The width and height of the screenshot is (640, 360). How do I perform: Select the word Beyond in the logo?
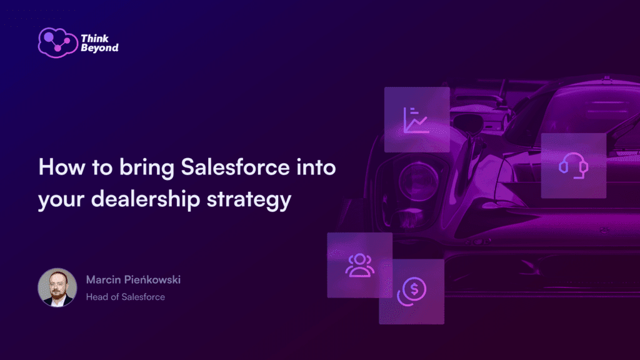(99, 47)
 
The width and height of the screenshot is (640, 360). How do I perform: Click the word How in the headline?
(58, 169)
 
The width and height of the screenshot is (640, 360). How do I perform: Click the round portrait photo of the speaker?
(57, 287)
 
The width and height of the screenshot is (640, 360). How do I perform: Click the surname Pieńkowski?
(153, 279)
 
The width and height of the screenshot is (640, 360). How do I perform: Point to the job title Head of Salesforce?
(126, 297)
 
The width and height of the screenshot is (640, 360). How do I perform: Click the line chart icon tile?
(417, 119)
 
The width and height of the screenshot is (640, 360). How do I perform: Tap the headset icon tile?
(573, 166)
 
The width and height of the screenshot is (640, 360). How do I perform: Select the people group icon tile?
(359, 265)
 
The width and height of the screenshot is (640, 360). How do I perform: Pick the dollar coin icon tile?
(411, 291)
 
